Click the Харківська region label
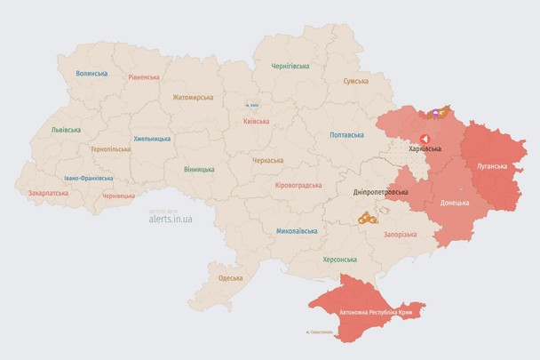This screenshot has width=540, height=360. click(425, 149)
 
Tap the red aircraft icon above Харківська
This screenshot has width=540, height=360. click(425, 139)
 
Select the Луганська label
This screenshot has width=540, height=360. click(492, 166)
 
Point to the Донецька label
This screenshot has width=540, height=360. click(455, 203)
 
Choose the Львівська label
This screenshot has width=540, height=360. click(66, 130)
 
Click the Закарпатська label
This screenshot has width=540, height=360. click(47, 192)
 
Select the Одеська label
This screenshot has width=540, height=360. click(230, 278)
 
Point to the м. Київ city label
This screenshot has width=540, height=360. click(253, 105)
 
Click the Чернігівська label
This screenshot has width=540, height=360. click(290, 66)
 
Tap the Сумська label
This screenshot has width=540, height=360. click(356, 81)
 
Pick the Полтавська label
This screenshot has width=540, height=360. click(346, 135)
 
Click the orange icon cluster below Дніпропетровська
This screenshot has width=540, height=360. click(368, 217)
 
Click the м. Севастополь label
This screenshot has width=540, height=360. click(318, 333)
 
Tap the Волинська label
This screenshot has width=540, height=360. click(91, 74)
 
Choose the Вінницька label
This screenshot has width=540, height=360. click(199, 169)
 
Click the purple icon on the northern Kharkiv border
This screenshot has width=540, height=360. click(435, 113)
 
